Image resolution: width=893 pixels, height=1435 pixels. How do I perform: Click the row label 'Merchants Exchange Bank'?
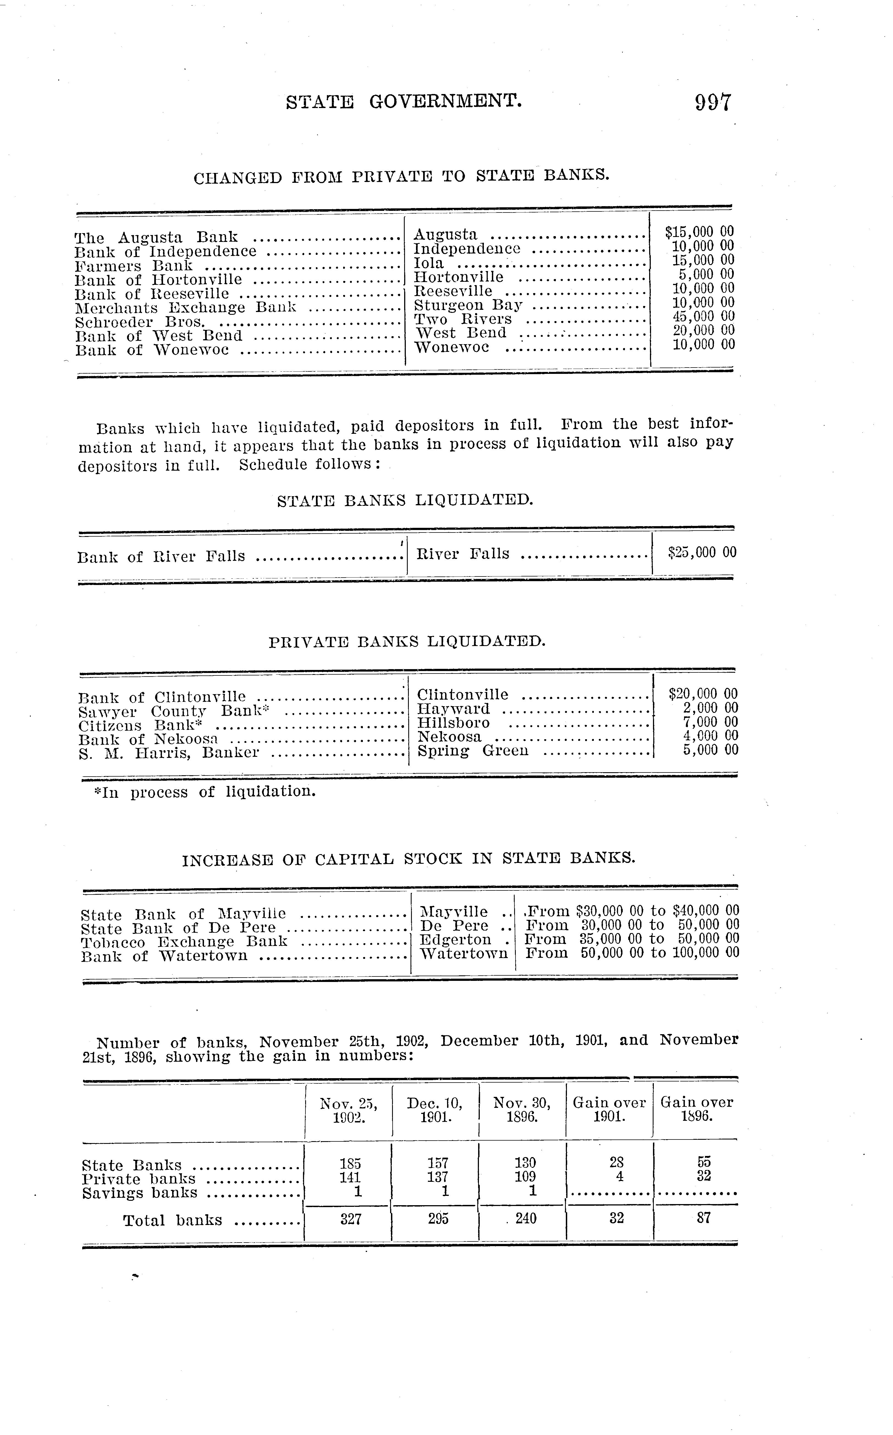pyautogui.click(x=186, y=308)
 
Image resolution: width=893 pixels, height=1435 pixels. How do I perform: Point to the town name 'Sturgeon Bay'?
pyautogui.click(x=468, y=305)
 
